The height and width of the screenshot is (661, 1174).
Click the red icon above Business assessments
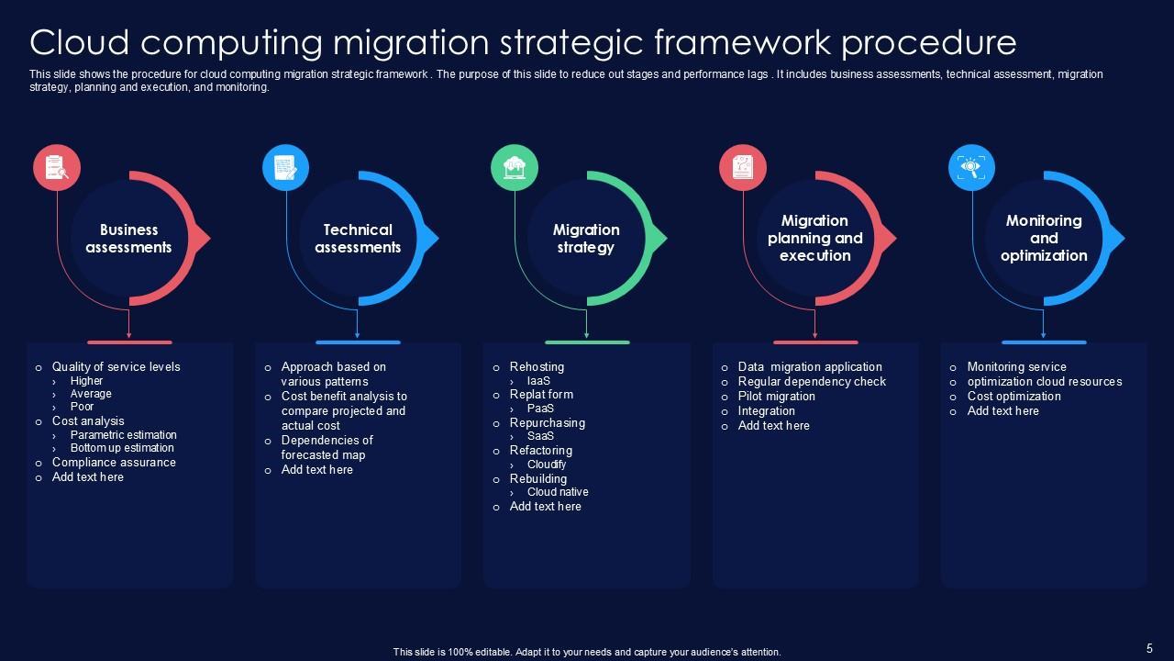coord(57,168)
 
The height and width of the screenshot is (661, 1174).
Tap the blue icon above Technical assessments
coord(285,168)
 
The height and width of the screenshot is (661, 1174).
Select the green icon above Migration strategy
coord(515,168)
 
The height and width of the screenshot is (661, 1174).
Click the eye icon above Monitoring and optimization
coord(971,168)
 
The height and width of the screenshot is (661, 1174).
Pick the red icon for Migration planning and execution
coord(743,168)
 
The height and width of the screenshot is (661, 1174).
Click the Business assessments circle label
coord(128,239)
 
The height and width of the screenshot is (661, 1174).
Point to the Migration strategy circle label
coord(586,239)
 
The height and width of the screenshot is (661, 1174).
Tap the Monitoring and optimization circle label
coord(1044,239)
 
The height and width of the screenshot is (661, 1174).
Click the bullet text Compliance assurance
coord(114,463)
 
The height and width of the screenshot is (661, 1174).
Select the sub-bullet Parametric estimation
coord(123,435)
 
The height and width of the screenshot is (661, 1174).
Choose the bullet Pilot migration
coord(776,397)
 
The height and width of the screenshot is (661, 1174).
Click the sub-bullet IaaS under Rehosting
coord(538,381)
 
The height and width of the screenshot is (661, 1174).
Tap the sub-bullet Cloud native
coord(558,492)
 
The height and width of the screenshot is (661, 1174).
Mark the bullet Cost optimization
coord(1013,397)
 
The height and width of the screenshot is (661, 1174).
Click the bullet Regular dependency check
coord(812,382)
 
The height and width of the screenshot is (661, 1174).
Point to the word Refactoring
coord(541,451)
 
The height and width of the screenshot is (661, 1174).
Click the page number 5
coord(1149,647)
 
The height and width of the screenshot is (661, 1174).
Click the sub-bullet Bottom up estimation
coord(122,448)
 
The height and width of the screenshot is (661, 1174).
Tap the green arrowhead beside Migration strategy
coord(659,239)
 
